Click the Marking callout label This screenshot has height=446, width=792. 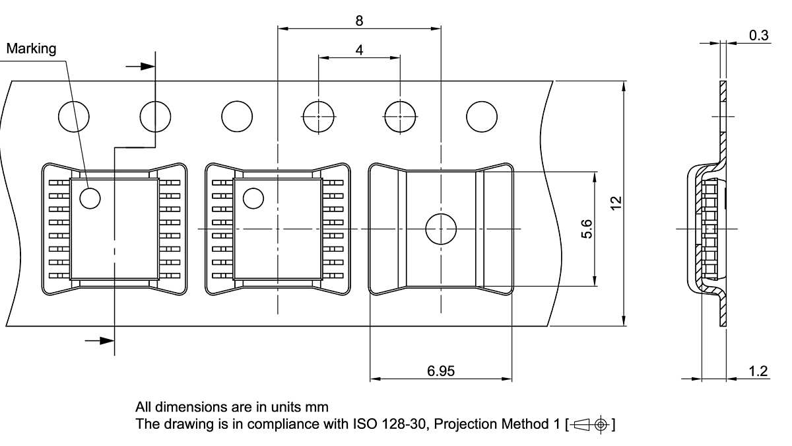(x=31, y=48)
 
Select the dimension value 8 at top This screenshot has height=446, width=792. (x=359, y=20)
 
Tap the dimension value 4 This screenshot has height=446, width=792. (x=359, y=50)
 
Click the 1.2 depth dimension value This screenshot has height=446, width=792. (x=759, y=371)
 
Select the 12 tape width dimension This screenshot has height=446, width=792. (x=616, y=203)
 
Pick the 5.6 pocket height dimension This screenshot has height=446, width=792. (x=587, y=229)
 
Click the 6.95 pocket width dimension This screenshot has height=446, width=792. (x=440, y=371)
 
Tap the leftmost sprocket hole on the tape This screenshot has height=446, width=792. (x=74, y=117)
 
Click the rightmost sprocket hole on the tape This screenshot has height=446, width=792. (x=482, y=117)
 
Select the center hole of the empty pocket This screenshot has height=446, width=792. (x=440, y=229)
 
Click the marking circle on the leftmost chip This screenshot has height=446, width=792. (x=89, y=197)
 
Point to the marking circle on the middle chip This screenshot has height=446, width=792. (x=253, y=197)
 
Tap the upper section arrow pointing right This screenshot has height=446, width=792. (x=139, y=66)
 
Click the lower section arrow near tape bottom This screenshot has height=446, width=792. (x=99, y=340)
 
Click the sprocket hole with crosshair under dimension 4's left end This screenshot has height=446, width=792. (x=319, y=117)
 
